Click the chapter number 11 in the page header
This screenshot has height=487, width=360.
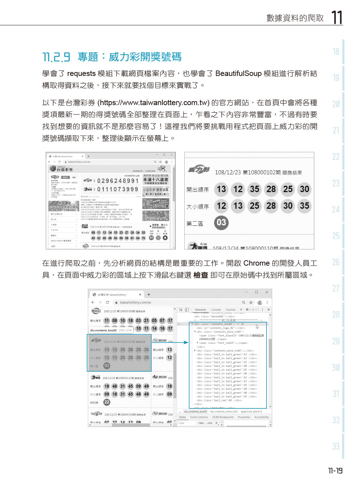pos(337,17)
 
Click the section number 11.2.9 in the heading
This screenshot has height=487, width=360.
pos(57,57)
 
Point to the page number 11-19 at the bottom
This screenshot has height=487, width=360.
pos(335,471)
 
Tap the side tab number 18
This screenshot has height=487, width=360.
pos(336,52)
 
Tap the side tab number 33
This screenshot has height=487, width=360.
pos(336,447)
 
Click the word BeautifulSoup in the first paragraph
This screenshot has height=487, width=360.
pos(238,73)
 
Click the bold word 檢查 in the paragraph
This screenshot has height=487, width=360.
pos(201,275)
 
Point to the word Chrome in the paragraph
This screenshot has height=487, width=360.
pos(256,263)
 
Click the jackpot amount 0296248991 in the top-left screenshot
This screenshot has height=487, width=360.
pos(118,181)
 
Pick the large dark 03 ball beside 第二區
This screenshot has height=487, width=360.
pos(221,223)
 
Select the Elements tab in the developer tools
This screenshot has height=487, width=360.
pos(200,310)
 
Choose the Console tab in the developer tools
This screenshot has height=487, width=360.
pos(216,310)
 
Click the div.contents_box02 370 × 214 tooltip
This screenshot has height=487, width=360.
pos(111,330)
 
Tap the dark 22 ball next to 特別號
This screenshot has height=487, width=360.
pos(107,402)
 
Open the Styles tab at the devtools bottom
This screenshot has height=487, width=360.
pos(183,417)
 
